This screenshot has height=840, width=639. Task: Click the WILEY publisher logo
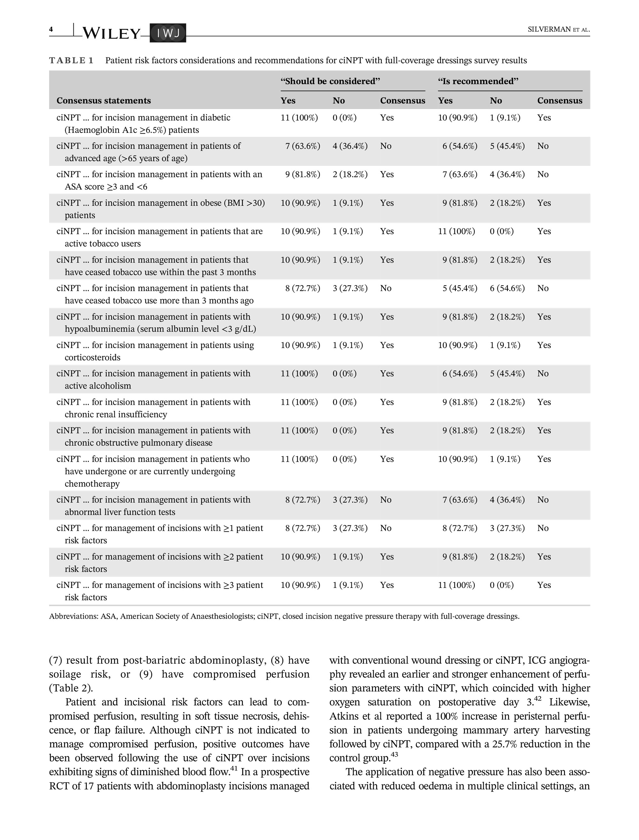tap(111, 34)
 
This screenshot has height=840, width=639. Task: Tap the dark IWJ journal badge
tap(168, 33)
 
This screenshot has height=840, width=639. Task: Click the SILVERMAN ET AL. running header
tap(558, 30)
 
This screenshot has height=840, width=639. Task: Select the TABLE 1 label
tap(71, 60)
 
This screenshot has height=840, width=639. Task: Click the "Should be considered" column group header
tap(330, 81)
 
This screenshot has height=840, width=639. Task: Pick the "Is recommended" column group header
tap(478, 81)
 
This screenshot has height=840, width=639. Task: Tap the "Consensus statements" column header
tap(104, 100)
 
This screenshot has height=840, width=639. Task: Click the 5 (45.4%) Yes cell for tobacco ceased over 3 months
tap(459, 288)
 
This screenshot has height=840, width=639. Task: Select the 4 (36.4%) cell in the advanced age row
tap(350, 146)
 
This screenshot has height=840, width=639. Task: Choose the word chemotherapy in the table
tap(92, 484)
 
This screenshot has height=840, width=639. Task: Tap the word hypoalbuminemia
tap(100, 329)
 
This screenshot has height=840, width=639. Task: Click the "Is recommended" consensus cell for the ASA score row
tap(543, 174)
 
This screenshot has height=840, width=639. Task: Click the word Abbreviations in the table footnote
tap(73, 616)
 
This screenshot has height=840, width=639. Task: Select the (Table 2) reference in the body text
tap(71, 688)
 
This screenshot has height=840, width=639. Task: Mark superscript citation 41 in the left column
tap(234, 769)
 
